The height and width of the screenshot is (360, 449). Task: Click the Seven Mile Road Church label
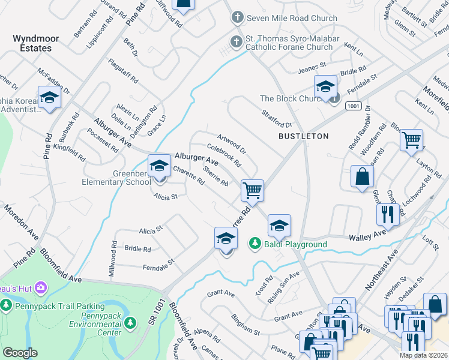(x=292, y=19)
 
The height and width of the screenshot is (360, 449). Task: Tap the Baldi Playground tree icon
(x=255, y=243)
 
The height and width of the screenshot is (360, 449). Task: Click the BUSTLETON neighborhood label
(x=303, y=136)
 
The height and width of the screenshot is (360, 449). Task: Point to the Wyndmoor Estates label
(x=36, y=44)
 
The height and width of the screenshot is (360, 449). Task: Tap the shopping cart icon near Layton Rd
(x=411, y=140)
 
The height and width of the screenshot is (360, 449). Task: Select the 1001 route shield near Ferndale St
(x=352, y=106)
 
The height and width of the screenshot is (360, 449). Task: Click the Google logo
(x=20, y=353)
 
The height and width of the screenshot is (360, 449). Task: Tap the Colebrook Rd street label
(x=224, y=154)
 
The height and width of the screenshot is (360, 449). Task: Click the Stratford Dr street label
(x=276, y=118)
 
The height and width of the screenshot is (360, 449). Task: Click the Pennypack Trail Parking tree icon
(x=6, y=306)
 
